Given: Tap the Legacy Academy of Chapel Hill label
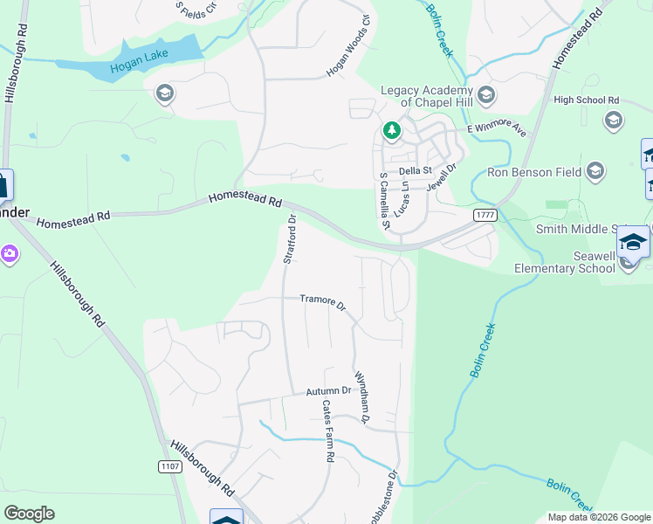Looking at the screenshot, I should click(x=428, y=97).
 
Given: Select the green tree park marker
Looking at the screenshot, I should click(x=392, y=132).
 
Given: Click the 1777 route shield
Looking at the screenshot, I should click(x=485, y=215).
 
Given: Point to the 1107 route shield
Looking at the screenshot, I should click(x=171, y=467).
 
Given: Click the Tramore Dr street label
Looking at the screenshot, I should click(x=323, y=303).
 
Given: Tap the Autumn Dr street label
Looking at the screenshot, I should click(x=328, y=391).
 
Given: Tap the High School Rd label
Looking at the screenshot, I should click(x=586, y=100).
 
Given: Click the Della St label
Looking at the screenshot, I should click(x=416, y=170).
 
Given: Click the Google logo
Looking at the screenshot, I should click(x=29, y=514).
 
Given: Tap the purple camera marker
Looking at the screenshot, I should click(x=10, y=253).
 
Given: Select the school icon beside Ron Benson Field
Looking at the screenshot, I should click(x=595, y=170).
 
